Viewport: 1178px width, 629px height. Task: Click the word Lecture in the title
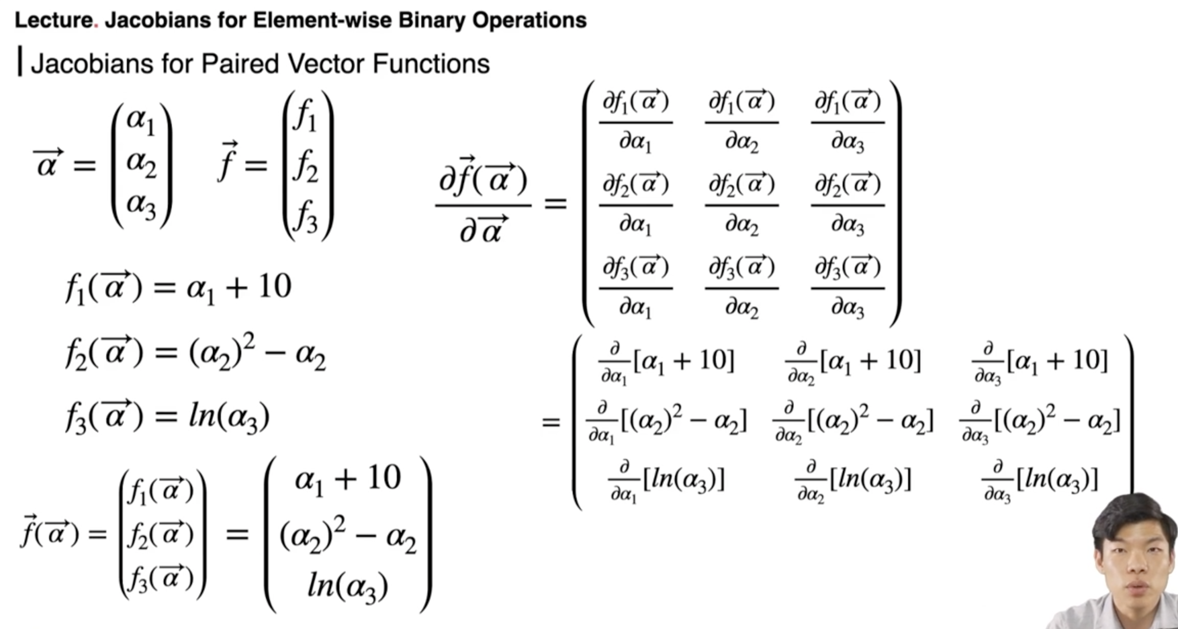click(x=53, y=20)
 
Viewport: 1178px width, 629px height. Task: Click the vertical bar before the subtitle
click(x=20, y=61)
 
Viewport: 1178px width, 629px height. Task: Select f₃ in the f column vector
click(x=306, y=217)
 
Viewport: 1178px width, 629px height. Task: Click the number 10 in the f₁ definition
click(x=275, y=286)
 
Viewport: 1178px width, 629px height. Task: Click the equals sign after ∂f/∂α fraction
click(x=555, y=204)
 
